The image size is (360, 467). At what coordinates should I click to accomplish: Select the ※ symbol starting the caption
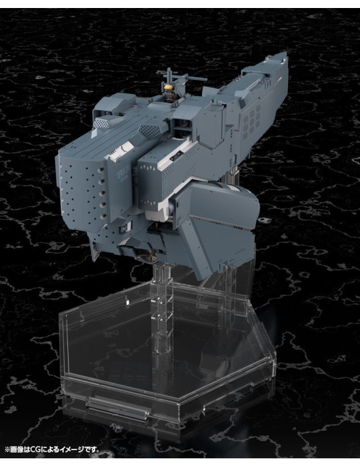pyautogui.click(x=7, y=449)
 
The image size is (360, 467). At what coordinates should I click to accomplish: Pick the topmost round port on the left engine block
pyautogui.click(x=101, y=169)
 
